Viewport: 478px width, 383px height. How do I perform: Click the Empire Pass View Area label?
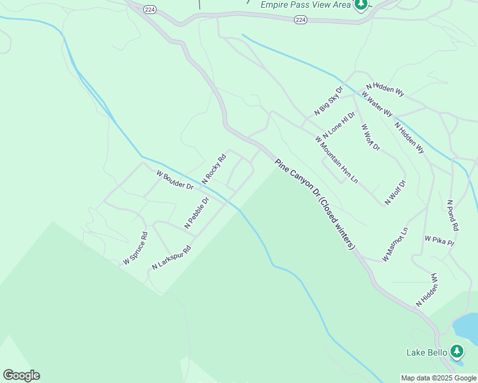tap(306, 4)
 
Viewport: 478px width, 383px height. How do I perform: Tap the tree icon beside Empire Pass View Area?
tap(361, 5)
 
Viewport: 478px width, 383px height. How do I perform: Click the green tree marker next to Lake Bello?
tap(456, 351)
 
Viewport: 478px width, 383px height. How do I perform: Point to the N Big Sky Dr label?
tap(328, 101)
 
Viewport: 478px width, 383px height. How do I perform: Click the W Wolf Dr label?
tap(370, 137)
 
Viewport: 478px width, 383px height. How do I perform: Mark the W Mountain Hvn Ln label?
tap(337, 159)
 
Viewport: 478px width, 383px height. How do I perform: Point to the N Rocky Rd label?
tap(215, 169)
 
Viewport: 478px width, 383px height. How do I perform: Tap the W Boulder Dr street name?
tap(174, 180)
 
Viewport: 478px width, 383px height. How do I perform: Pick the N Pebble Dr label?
tap(197, 213)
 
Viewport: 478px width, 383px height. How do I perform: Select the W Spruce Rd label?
tap(135, 248)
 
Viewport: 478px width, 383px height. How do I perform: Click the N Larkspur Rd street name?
tap(171, 257)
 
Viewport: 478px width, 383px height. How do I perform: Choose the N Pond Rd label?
tap(452, 215)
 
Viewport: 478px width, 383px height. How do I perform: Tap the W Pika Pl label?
tap(439, 240)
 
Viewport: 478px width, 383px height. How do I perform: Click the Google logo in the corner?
tap(21, 375)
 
